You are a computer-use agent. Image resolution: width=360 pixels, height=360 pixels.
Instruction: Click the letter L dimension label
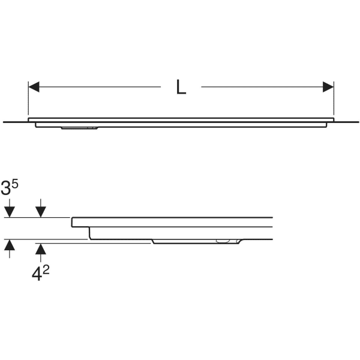(x=181, y=87)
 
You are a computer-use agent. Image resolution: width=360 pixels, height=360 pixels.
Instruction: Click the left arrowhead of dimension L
(x=34, y=87)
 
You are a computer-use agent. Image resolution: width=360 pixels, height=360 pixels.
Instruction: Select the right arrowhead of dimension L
(x=328, y=87)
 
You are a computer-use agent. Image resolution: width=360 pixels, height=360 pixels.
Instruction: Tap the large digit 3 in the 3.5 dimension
(x=5, y=188)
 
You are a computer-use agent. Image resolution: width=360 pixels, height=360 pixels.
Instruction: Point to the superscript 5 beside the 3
(x=15, y=184)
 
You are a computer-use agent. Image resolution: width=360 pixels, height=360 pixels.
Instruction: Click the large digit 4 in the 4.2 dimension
(x=37, y=274)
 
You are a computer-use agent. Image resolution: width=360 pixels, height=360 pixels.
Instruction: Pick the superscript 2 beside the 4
(x=46, y=271)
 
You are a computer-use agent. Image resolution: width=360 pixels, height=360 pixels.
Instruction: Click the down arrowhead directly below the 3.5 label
(x=10, y=212)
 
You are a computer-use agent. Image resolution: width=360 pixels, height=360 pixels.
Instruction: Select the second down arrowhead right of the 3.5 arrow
(x=41, y=212)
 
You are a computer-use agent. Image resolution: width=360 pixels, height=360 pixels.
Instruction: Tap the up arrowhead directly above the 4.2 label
(x=41, y=249)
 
